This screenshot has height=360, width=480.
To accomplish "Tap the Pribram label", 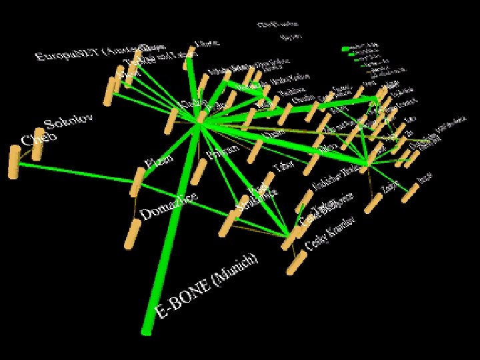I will [x=223, y=151].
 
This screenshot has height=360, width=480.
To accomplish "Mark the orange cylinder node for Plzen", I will [x=137, y=181].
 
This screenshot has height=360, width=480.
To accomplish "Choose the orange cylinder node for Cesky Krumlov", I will [x=293, y=262].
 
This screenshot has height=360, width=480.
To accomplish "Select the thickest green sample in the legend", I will [x=350, y=49].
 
